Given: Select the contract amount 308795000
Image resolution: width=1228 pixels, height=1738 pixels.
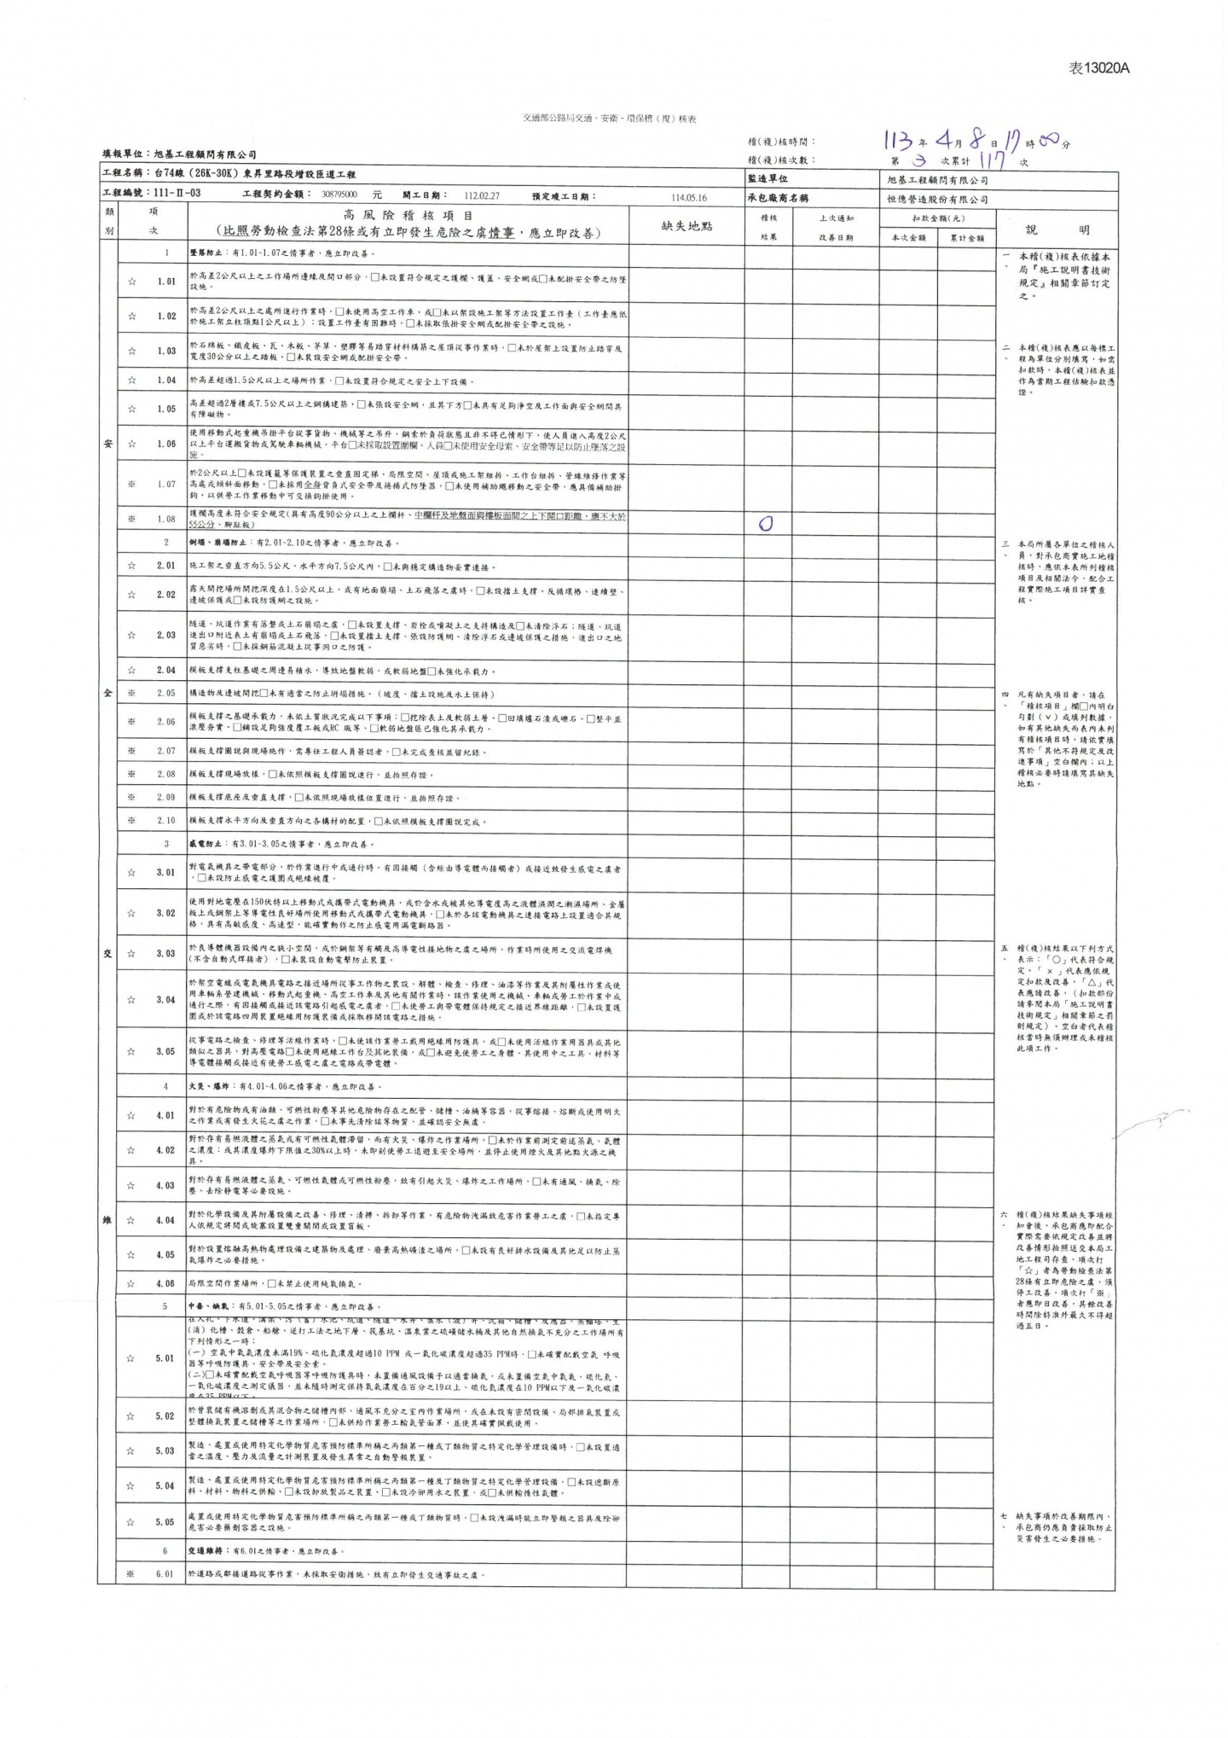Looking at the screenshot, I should click(339, 195).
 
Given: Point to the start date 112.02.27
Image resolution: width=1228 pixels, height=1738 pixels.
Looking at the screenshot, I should click(482, 195).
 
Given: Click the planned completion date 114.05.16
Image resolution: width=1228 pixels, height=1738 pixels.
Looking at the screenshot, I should click(689, 197).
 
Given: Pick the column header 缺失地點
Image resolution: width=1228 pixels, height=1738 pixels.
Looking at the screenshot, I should click(686, 226).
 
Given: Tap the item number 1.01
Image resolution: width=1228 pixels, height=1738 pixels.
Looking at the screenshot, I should click(166, 281).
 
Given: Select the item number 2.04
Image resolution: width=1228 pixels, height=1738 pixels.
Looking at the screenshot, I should click(166, 671).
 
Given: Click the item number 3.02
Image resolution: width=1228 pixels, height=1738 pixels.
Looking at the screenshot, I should click(165, 913).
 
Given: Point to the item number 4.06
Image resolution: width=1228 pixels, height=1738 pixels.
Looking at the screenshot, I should click(165, 1283).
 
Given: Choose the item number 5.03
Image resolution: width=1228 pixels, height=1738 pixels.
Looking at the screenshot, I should click(165, 1451).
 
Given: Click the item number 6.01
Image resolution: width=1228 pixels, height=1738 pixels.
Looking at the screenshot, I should click(165, 1575).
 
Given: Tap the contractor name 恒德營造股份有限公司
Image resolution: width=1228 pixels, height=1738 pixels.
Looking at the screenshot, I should click(937, 199).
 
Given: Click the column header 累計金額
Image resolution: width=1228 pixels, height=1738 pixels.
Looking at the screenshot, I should click(967, 238).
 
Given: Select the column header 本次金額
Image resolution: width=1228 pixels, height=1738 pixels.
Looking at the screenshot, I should click(908, 238).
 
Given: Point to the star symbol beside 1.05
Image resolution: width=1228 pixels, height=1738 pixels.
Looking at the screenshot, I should click(132, 410).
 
